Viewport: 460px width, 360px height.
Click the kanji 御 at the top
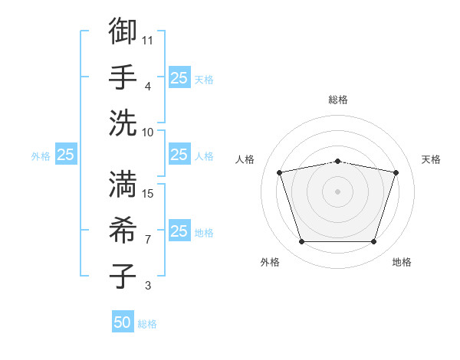(123, 31)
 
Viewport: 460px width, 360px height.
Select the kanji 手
(123, 77)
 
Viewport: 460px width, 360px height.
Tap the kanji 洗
(123, 122)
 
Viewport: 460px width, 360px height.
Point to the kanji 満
(123, 185)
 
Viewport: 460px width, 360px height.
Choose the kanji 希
(123, 230)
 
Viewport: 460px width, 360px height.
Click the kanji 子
(123, 275)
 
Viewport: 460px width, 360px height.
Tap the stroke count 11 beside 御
(148, 39)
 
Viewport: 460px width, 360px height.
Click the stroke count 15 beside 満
(148, 193)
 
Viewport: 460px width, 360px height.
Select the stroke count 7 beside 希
(148, 240)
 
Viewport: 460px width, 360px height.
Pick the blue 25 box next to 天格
(179, 77)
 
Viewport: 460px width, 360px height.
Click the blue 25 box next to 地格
(179, 231)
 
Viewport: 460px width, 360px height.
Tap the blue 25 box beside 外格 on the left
(65, 155)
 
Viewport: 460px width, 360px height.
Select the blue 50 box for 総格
(123, 322)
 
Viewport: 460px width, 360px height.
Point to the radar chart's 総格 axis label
(338, 100)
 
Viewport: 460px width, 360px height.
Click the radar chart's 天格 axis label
(431, 159)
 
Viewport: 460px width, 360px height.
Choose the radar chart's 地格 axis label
(402, 262)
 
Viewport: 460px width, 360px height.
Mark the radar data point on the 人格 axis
(279, 172)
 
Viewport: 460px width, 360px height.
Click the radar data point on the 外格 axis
(301, 242)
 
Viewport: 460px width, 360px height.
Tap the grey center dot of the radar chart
(337, 191)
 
